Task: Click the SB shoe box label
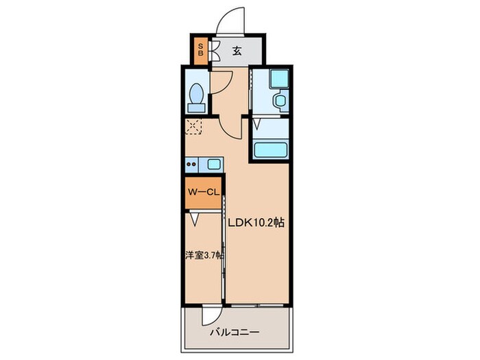click(x=200, y=49)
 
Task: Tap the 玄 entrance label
click(x=236, y=49)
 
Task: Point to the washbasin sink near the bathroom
click(x=280, y=101)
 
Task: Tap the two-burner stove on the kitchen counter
click(x=191, y=164)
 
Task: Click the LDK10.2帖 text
click(x=256, y=223)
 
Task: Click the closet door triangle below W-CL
click(x=195, y=219)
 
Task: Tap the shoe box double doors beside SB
click(x=214, y=50)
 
